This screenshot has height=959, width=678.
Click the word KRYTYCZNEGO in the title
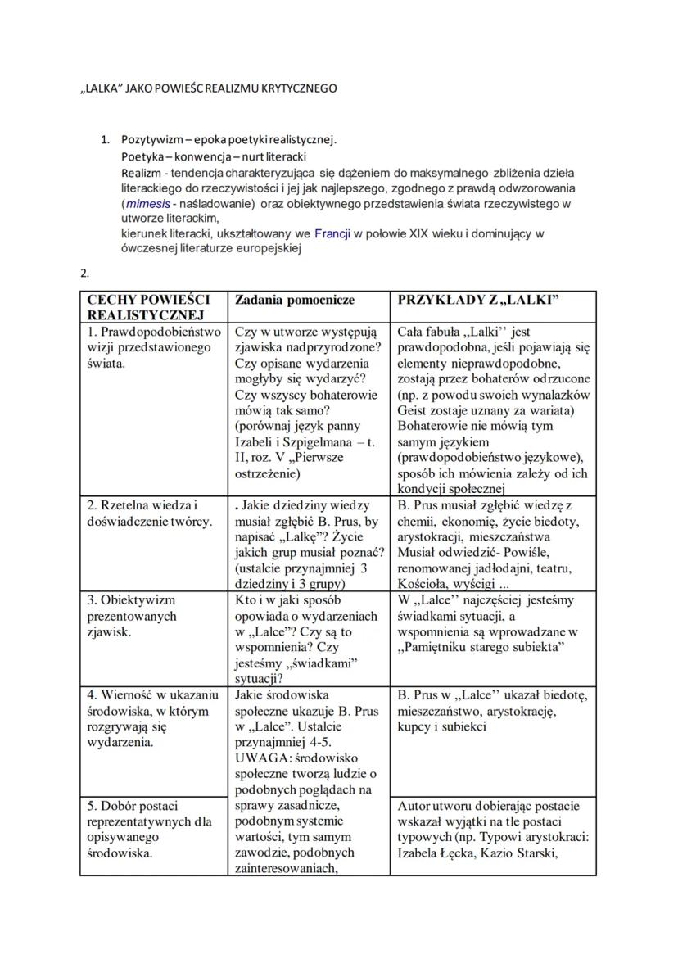pos(298,88)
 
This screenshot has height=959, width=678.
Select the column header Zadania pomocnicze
pos(295,301)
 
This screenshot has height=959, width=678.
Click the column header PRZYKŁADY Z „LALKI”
pos(478,301)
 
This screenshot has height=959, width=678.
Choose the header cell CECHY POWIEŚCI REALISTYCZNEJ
pos(147,307)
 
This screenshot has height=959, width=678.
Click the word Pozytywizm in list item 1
pos(151,139)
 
